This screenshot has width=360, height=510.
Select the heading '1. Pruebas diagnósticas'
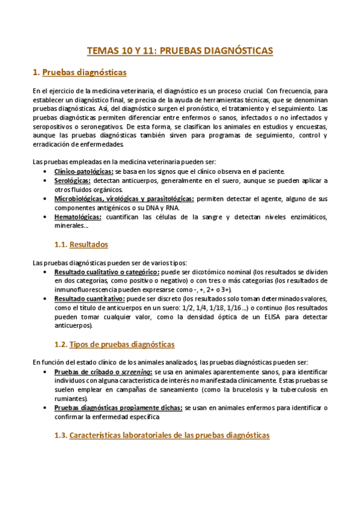(x=79, y=73)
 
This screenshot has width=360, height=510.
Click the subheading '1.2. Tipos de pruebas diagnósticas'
(x=114, y=345)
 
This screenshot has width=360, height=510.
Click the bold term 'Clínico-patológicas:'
(x=84, y=172)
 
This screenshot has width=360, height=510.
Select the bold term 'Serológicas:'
(x=73, y=181)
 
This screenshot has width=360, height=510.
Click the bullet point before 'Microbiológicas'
(x=46, y=199)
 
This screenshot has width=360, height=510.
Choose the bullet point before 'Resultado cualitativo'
(x=46, y=272)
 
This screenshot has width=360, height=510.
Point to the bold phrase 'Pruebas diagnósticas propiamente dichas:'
(x=118, y=408)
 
